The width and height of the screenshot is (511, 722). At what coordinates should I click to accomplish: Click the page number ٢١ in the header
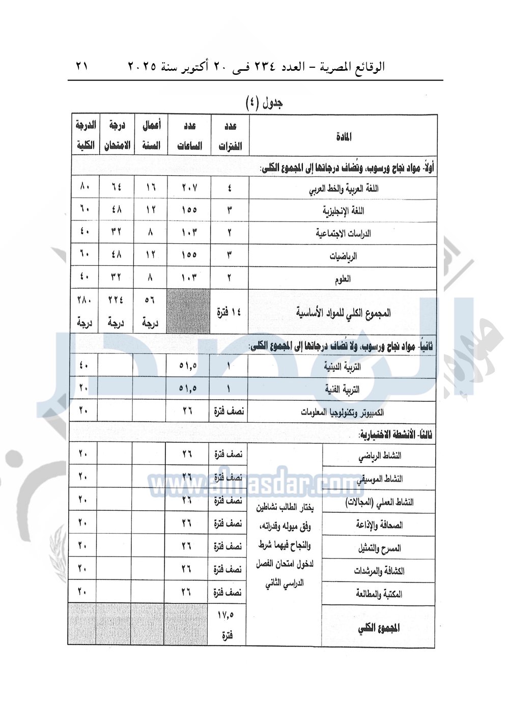point(81,66)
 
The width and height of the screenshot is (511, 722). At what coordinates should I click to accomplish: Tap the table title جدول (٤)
point(264,103)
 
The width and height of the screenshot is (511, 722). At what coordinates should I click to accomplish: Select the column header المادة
point(344,136)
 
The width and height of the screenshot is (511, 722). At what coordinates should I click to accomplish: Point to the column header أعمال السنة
point(151,135)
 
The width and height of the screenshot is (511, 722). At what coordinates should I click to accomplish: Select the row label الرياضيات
point(343,256)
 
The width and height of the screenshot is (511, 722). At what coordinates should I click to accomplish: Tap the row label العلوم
point(343,279)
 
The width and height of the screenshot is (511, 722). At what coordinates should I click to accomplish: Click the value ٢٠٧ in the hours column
point(189,188)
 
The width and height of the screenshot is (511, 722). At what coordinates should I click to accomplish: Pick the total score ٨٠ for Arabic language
point(84,187)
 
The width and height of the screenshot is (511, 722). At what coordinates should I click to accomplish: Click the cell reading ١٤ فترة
point(229,312)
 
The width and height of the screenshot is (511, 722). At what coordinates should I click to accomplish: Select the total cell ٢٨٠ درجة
point(84,311)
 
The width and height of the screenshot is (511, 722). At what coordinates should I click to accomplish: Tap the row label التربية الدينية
point(343,367)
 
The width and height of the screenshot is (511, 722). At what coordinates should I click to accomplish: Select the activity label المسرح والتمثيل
point(379,548)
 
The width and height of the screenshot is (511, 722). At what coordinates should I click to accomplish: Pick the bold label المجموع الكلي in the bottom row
point(379,628)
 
